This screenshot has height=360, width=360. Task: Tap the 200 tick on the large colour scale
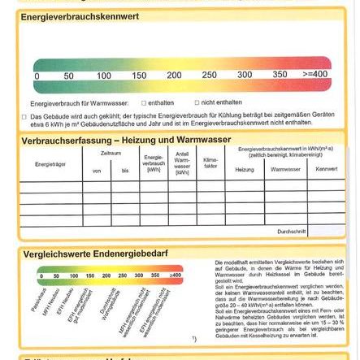click(x=174, y=76)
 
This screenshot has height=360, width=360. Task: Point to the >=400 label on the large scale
click(x=314, y=76)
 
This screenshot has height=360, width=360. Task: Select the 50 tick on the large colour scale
click(x=68, y=76)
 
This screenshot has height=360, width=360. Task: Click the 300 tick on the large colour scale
click(x=245, y=76)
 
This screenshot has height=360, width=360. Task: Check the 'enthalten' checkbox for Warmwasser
click(x=144, y=103)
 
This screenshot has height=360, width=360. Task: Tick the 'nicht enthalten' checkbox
click(x=197, y=103)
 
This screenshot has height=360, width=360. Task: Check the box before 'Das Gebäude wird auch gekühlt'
click(x=24, y=116)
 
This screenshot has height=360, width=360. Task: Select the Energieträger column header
click(x=50, y=164)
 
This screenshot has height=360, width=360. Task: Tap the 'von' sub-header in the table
click(x=98, y=171)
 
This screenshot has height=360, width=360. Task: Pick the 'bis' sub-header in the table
click(x=125, y=171)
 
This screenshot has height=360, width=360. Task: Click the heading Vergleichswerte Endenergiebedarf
click(x=95, y=254)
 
